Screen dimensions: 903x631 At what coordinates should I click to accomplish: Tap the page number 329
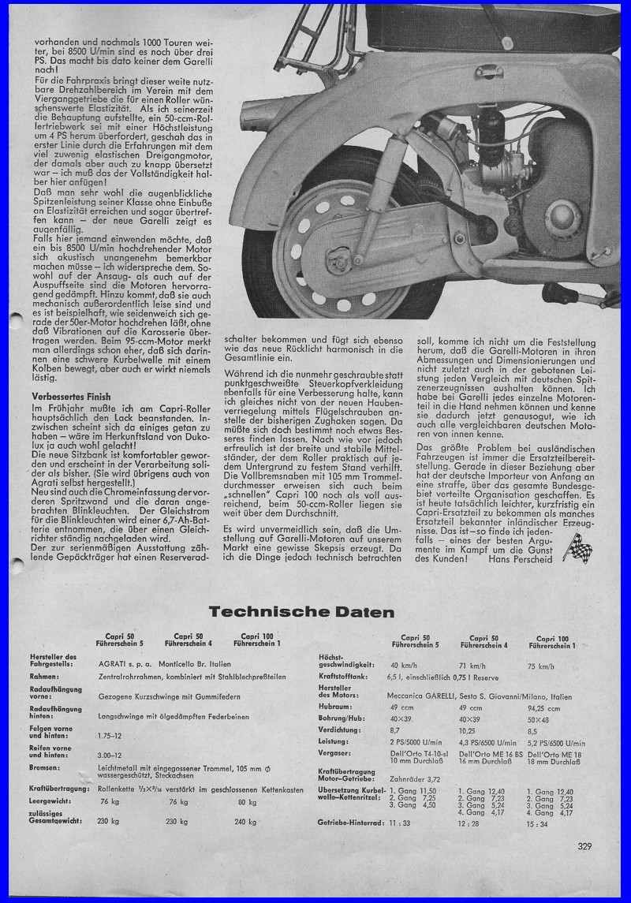[x=584, y=847]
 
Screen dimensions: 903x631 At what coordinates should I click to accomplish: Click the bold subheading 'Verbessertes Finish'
[x=71, y=396]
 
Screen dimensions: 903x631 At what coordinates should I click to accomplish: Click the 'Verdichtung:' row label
[x=338, y=731]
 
